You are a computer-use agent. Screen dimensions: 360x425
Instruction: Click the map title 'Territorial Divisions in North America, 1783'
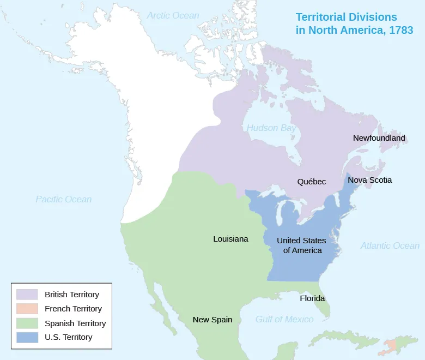(354, 24)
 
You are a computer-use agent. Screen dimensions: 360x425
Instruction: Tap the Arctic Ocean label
(173, 16)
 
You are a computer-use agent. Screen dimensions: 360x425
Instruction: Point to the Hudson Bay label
(271, 128)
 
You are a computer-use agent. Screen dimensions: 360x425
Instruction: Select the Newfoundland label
(379, 138)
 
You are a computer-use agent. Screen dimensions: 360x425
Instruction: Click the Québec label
(312, 181)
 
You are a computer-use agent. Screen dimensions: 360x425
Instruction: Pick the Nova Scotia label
(369, 179)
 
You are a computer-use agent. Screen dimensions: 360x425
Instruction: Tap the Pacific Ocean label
(63, 199)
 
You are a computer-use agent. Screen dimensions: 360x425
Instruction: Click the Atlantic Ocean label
(390, 245)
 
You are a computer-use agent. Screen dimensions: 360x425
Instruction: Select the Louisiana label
(230, 239)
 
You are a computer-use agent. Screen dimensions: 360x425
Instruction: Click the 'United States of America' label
(301, 245)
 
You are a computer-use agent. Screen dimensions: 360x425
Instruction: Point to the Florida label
(312, 298)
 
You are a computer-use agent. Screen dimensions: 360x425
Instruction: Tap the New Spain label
(212, 320)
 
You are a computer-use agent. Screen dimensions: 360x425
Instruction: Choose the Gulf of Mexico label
(284, 319)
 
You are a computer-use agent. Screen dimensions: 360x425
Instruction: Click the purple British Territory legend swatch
(27, 295)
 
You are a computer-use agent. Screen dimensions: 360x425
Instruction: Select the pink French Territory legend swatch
(27, 309)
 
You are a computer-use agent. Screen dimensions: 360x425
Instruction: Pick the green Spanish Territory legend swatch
(27, 323)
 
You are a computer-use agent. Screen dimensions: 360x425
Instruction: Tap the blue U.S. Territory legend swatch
(27, 337)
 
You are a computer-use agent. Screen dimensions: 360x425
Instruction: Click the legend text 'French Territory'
(73, 309)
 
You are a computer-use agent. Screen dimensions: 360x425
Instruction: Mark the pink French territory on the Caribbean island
(393, 345)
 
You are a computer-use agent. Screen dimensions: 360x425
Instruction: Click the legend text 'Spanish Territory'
(75, 323)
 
